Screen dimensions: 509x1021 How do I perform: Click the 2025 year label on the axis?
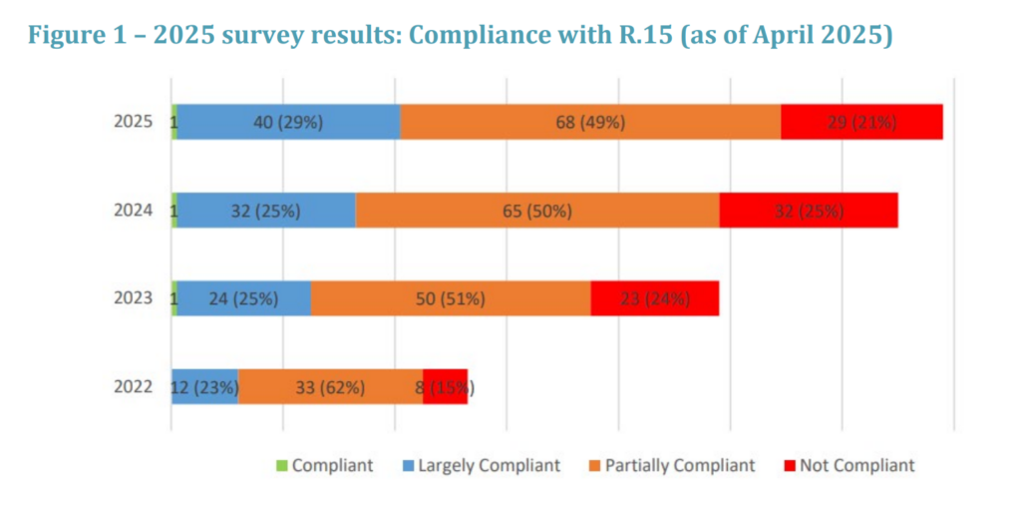pyautogui.click(x=133, y=122)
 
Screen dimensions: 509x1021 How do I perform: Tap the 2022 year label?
pyautogui.click(x=133, y=386)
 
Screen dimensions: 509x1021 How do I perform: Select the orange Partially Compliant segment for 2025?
pyautogui.click(x=590, y=122)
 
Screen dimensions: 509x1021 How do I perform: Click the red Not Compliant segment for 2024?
pyautogui.click(x=809, y=211)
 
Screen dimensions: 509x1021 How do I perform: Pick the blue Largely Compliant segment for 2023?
pyautogui.click(x=244, y=298)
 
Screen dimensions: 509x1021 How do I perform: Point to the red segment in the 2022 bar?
pyautogui.click(x=446, y=386)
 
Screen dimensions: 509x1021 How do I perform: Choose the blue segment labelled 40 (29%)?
pyautogui.click(x=289, y=122)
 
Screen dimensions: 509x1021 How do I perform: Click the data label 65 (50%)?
pyautogui.click(x=536, y=211)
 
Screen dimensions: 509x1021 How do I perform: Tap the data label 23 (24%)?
pyautogui.click(x=654, y=298)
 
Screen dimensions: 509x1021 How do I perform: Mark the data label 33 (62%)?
pyautogui.click(x=330, y=386)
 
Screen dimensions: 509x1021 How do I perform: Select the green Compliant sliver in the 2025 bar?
pyautogui.click(x=174, y=122)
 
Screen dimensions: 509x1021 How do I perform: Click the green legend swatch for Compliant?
pyautogui.click(x=281, y=465)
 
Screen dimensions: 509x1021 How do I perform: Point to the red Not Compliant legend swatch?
pyautogui.click(x=790, y=465)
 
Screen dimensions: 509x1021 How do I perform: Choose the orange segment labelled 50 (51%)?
pyautogui.click(x=451, y=298)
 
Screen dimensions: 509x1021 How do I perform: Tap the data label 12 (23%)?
pyautogui.click(x=203, y=386)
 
